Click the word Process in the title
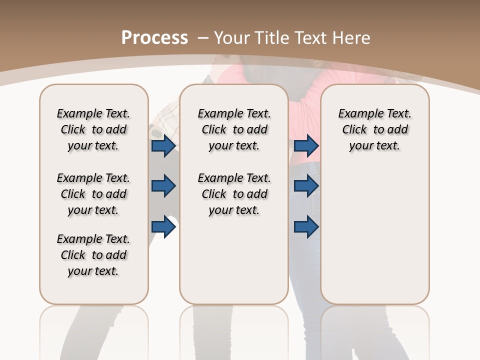[x=154, y=37]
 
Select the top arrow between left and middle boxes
[x=163, y=145]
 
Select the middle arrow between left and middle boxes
[x=163, y=186]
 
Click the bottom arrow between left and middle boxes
[x=163, y=227]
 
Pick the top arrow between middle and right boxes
[x=306, y=145]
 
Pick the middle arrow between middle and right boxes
[x=306, y=186]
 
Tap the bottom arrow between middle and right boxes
[x=306, y=227]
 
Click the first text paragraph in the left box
[x=93, y=129]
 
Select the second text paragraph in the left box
[x=93, y=194]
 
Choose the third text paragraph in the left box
[x=93, y=255]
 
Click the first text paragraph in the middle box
[x=234, y=129]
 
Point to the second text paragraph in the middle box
[x=234, y=194]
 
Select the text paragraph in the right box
[x=375, y=129]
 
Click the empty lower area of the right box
[x=375, y=235]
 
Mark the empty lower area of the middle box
[x=234, y=260]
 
